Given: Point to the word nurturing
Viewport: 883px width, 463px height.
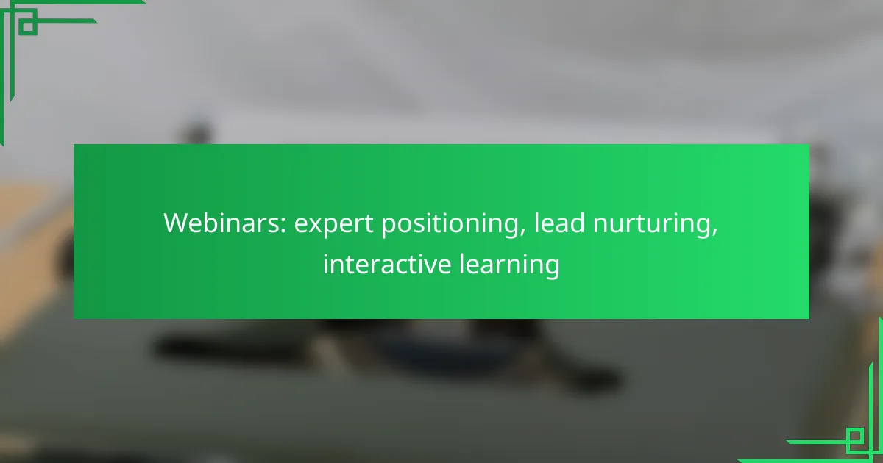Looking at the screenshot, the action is (x=655, y=224).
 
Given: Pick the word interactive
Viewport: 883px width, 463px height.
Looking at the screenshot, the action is (x=387, y=263).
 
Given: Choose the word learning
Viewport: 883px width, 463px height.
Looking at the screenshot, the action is (x=509, y=265).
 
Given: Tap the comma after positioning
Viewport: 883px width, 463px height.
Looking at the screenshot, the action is (x=522, y=233).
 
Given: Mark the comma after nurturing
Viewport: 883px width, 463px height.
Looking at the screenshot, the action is (x=714, y=233).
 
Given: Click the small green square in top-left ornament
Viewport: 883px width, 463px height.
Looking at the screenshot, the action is (x=28, y=26).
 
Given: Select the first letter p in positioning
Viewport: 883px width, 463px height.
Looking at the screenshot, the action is (x=389, y=227).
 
